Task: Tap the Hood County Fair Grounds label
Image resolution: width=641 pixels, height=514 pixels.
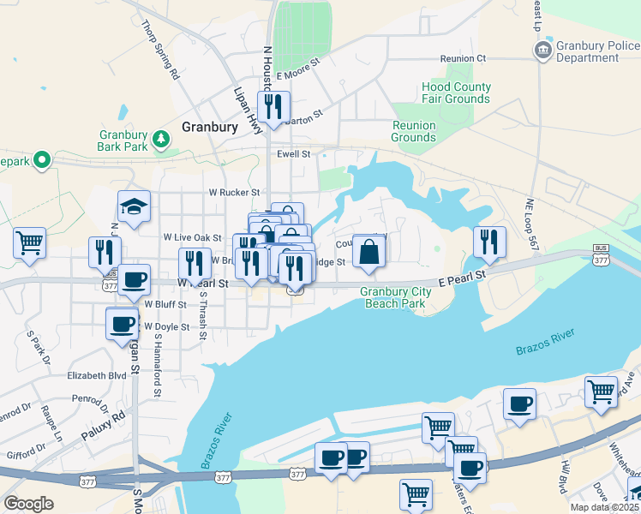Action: click(x=456, y=93)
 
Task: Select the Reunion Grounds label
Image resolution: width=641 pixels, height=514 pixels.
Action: click(x=414, y=131)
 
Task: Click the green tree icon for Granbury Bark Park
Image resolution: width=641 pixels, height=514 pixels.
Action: click(x=160, y=139)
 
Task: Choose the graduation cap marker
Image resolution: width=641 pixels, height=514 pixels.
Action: click(x=134, y=207)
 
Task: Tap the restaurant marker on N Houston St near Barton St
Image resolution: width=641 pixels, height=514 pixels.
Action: click(x=273, y=107)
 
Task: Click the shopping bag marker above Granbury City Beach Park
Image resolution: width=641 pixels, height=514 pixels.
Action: click(x=369, y=253)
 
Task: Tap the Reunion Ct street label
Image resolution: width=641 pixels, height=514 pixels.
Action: click(x=463, y=58)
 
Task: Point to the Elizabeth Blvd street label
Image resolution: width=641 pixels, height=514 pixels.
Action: click(x=97, y=374)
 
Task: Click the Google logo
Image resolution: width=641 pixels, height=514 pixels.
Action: click(x=28, y=504)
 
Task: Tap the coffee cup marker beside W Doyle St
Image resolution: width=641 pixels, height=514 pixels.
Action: click(x=121, y=324)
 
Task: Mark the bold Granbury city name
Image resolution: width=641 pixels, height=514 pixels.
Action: click(x=210, y=127)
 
